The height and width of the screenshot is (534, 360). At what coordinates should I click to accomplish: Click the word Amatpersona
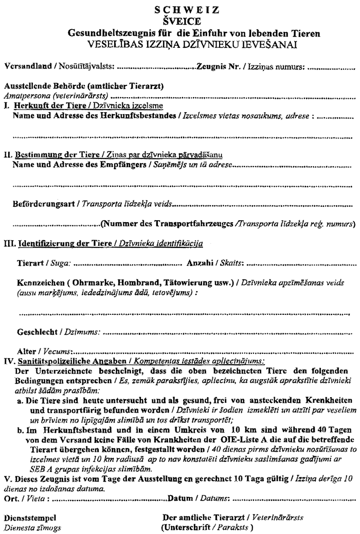click(24, 95)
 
